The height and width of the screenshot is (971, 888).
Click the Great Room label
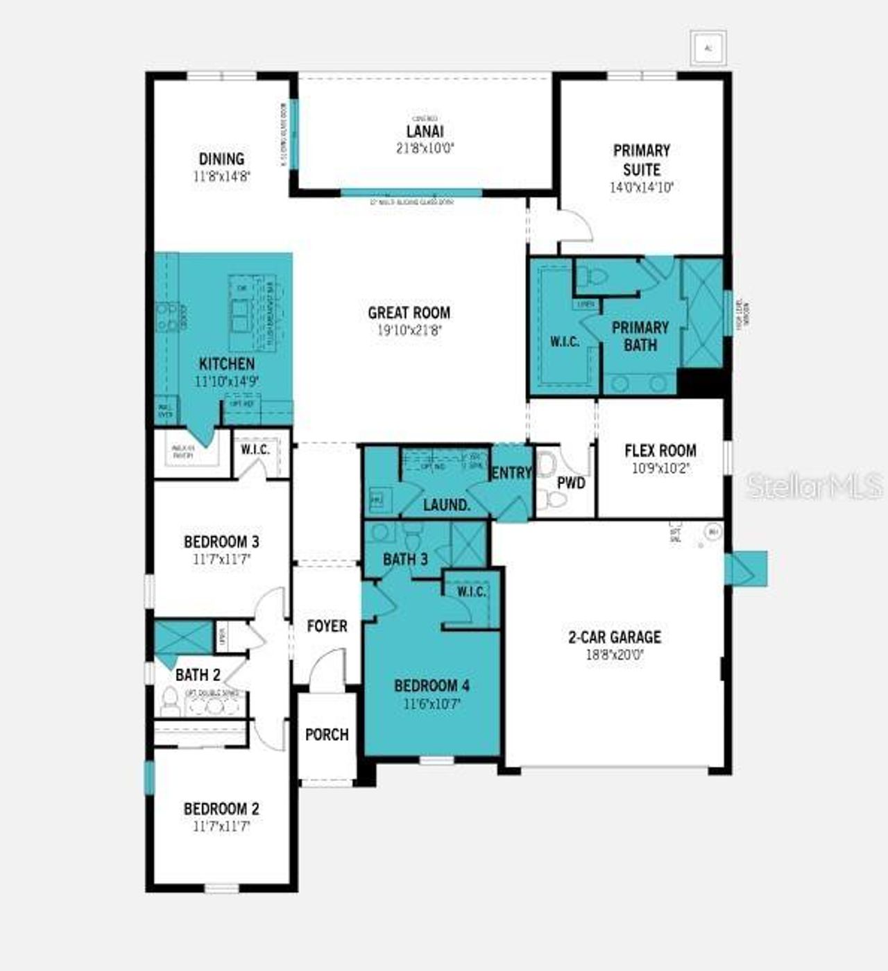pos(409,313)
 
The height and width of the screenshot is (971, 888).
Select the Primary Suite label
pos(642,160)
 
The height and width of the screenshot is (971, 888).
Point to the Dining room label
pos(222,159)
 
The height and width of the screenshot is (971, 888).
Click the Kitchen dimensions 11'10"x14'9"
pos(227,381)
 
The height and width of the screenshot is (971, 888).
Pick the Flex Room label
pos(660,451)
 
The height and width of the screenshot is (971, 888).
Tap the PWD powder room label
pos(572,483)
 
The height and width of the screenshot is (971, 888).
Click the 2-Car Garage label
pos(615,637)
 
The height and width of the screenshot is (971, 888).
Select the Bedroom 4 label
pos(432,686)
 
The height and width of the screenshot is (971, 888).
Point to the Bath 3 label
pos(405,559)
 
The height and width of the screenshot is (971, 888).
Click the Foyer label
pos(327,626)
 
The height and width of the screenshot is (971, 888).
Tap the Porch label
pos(327,734)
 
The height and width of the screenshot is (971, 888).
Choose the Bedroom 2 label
pos(221,809)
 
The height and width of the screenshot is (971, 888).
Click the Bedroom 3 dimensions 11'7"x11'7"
pos(221,559)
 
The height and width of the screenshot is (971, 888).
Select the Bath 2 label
pos(198,674)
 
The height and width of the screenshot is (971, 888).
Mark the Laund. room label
pos(447,505)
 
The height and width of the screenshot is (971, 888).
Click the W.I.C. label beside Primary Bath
pos(565,342)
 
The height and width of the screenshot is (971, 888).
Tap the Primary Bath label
pos(640,336)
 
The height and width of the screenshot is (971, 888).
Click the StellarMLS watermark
pos(815,486)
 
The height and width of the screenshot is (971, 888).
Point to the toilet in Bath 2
pos(169,701)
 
